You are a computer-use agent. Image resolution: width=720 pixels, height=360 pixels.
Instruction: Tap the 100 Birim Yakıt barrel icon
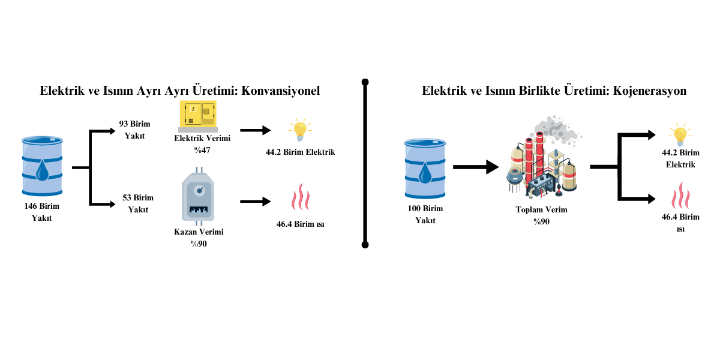point(425,168)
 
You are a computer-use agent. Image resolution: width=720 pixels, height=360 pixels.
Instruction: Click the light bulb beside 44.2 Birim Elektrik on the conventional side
point(299,129)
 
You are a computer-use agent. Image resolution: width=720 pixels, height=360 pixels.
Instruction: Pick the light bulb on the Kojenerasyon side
point(680,134)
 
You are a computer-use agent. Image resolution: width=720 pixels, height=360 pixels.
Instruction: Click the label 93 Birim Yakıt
point(135,130)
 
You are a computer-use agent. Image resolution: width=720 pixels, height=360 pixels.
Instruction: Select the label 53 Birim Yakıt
point(138,203)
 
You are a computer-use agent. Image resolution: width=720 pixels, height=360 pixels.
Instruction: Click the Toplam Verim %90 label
point(541,215)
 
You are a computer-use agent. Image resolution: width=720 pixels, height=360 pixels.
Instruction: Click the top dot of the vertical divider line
point(365,82)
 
